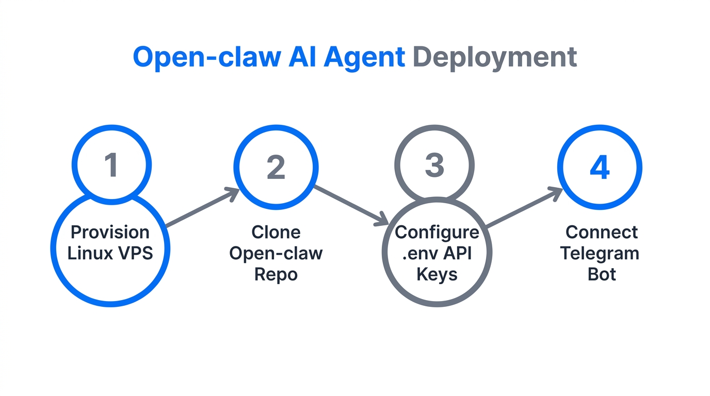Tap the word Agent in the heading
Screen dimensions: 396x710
click(x=364, y=57)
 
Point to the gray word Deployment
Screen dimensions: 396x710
click(x=494, y=57)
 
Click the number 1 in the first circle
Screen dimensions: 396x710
click(x=111, y=165)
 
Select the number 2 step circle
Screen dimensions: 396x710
click(x=276, y=167)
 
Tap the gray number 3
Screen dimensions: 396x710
click(x=434, y=165)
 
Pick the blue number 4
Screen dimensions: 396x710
click(x=600, y=168)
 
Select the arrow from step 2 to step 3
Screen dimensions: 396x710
click(x=351, y=205)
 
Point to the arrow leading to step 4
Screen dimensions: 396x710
click(x=524, y=208)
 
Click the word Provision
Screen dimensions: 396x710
click(x=110, y=232)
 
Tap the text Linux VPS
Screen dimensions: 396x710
click(x=110, y=253)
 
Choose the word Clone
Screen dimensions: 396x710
click(x=276, y=232)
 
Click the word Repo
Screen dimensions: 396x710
click(x=276, y=274)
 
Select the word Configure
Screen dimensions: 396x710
click(x=437, y=232)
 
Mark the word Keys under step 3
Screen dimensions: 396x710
click(x=437, y=274)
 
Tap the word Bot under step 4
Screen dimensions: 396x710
click(x=602, y=274)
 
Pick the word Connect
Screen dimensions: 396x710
click(x=602, y=232)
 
